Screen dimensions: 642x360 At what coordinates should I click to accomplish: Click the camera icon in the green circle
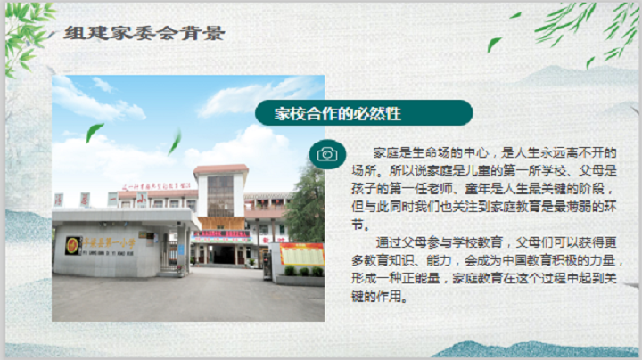coord(327,154)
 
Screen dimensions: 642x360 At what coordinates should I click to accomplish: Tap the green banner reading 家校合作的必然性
coord(364,113)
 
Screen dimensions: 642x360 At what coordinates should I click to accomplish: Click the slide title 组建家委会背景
coord(144,33)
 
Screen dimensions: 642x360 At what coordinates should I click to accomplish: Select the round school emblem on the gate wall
coord(72,245)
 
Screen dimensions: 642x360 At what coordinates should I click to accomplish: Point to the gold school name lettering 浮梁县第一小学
coord(109,243)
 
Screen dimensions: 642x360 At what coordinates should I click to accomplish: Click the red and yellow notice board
coord(301,254)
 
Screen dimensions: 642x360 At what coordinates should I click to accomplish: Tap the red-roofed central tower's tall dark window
coord(220,196)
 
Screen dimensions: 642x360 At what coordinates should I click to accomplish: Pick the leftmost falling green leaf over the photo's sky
coord(95,132)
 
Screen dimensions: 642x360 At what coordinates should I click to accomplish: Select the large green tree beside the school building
coord(306,205)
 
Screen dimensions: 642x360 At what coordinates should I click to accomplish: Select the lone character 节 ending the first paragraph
coord(358,225)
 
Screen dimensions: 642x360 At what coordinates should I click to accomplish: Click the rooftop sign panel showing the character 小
coord(142,200)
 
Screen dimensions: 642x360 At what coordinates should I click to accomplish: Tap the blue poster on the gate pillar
coord(181,250)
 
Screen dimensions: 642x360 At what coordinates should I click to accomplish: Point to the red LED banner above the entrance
coord(221,233)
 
